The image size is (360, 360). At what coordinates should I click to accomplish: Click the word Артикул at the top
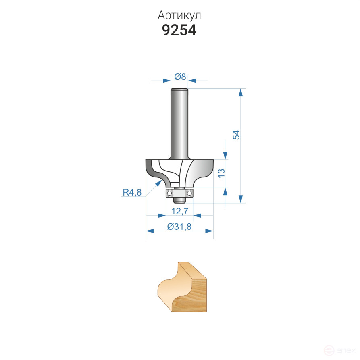coord(179,16)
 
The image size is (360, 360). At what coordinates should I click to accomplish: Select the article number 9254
coord(179,31)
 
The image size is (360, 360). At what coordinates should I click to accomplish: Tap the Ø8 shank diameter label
coord(180,76)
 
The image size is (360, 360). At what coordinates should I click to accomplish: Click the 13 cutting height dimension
coord(221,173)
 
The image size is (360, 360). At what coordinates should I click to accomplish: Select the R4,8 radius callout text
coord(132,193)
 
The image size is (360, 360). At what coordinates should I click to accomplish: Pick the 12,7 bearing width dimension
coord(180,211)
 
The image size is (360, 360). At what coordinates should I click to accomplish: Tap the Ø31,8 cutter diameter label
coord(179,227)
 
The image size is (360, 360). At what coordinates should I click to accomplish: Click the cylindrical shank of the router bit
coord(180,121)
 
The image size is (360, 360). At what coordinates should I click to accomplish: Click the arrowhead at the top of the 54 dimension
coord(241,92)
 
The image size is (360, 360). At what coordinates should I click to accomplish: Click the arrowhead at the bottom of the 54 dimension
coord(241,199)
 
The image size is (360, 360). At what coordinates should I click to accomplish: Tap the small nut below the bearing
coord(179,198)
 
